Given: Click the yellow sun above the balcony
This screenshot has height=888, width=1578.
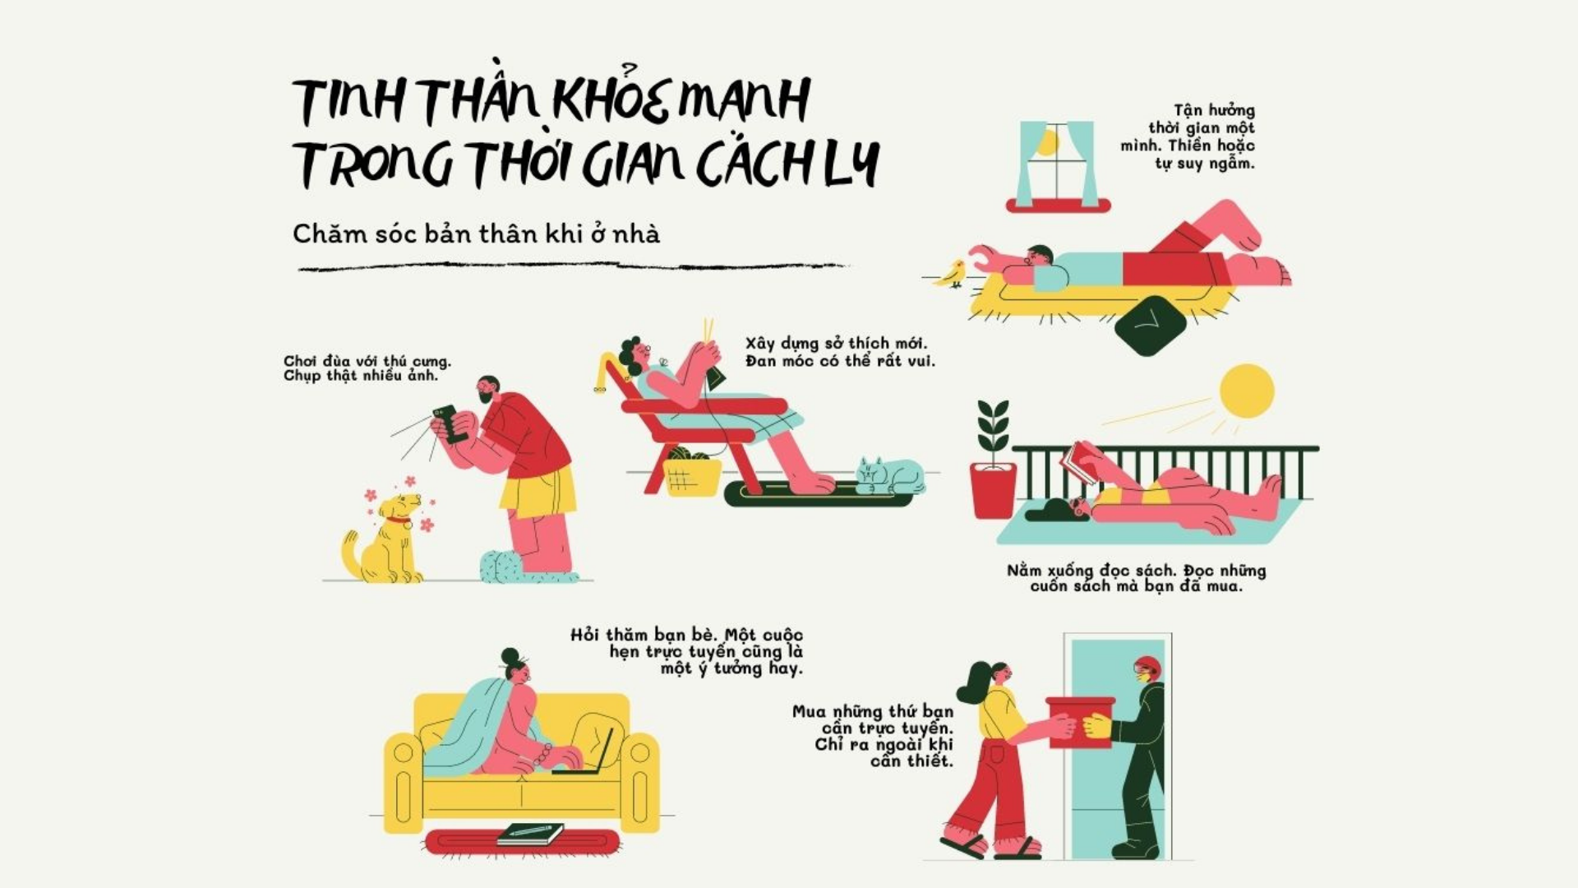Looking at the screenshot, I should (x=1247, y=391).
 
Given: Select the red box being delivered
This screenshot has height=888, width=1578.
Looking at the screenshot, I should (x=1080, y=722).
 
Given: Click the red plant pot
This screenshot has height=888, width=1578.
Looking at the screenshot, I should (x=993, y=490).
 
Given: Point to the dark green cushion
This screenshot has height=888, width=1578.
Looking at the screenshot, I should (x=1151, y=326).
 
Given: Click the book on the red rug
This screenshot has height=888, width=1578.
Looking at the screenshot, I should (x=530, y=834).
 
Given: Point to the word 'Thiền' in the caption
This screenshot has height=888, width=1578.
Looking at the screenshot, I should (x=1190, y=146).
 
